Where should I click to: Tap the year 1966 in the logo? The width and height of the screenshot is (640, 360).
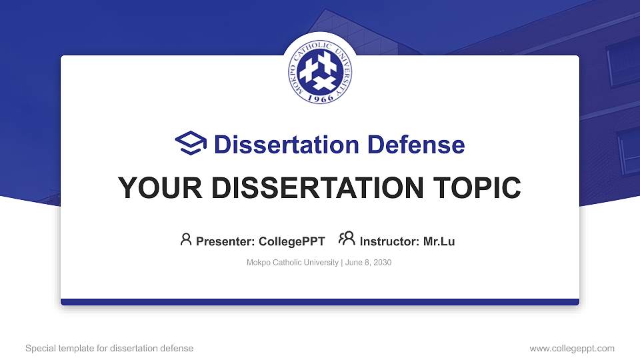[x=320, y=97]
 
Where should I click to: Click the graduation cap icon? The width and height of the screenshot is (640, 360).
[x=191, y=144]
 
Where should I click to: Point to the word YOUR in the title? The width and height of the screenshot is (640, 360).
[x=155, y=188]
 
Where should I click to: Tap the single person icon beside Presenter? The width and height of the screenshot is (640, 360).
[x=186, y=239]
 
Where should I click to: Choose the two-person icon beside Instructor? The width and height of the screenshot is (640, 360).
[x=347, y=239]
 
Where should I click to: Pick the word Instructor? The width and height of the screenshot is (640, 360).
[x=390, y=241]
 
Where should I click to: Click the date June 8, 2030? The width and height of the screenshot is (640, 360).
[x=368, y=263]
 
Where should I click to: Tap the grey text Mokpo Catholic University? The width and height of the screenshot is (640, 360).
[x=293, y=263]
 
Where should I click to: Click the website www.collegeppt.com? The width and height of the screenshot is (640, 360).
[x=571, y=348]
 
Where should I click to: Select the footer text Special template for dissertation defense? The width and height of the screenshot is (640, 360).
[x=109, y=348]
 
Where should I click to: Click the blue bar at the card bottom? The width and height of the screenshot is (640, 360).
[x=320, y=302]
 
